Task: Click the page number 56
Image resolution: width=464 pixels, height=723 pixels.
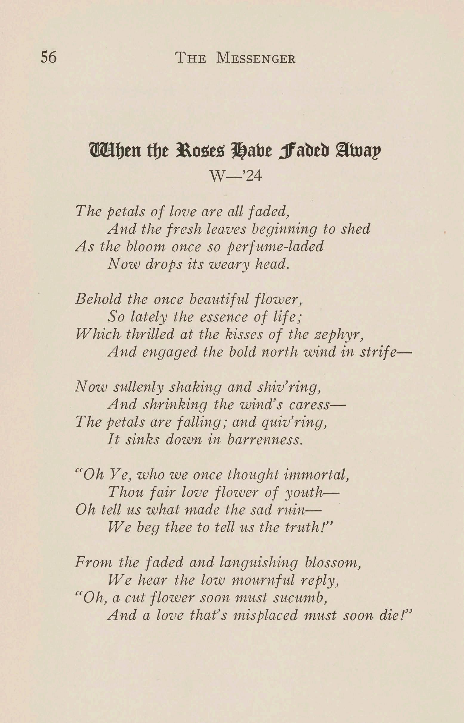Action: click(49, 57)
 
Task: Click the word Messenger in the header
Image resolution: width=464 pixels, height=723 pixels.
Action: click(256, 58)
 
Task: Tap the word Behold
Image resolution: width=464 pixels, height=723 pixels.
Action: click(98, 299)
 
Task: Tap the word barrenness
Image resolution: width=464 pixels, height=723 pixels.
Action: click(265, 440)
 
